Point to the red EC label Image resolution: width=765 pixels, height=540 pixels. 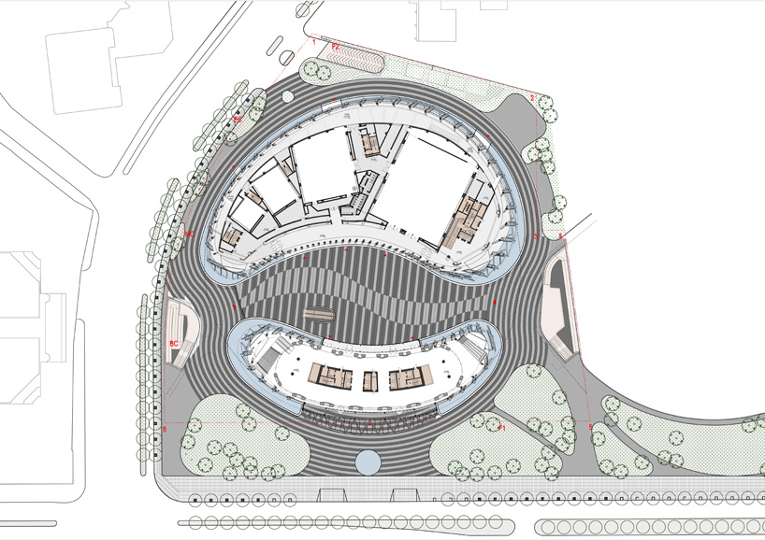[238, 121]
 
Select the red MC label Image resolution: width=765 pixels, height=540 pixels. [189, 234]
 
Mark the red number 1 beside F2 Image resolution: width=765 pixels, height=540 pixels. [314, 42]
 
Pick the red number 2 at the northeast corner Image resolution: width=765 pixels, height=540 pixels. [531, 98]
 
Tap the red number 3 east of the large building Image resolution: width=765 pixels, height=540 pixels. [536, 237]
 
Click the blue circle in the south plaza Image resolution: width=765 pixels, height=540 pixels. [368, 461]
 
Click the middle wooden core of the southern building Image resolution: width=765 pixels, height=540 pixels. [370, 380]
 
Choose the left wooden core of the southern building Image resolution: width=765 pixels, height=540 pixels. [333, 378]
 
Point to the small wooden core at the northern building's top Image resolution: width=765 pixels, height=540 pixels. [370, 143]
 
